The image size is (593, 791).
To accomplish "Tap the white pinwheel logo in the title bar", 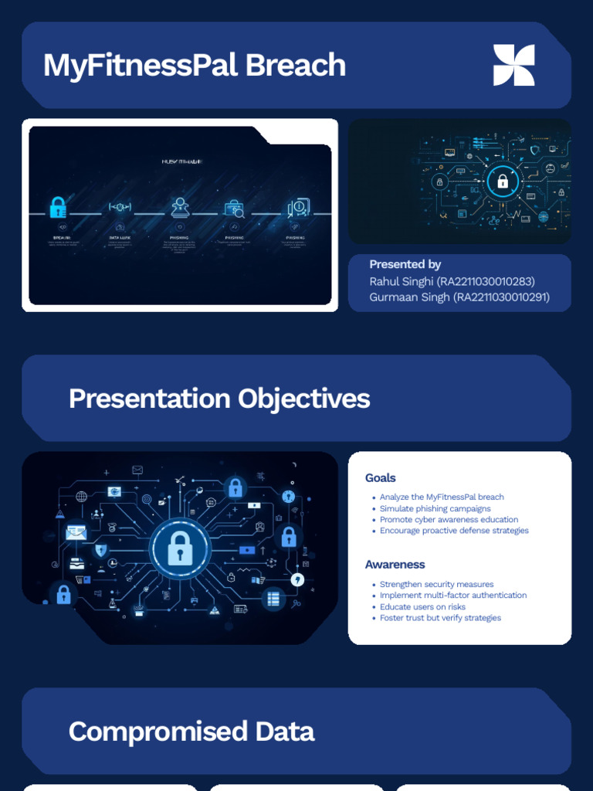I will coord(513,65).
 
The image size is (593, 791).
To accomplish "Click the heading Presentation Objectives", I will coord(219,399).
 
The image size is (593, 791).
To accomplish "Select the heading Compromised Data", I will coord(191,731).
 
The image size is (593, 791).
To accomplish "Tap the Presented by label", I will coord(405,264).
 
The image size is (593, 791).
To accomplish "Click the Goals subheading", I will coord(380,478).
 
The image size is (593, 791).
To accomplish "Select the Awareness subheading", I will coord(395,565).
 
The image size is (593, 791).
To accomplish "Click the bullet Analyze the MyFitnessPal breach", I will coord(442,497).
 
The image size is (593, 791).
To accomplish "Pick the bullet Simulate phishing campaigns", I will coord(435,509).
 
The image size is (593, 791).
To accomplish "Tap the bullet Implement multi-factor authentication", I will coord(453,596).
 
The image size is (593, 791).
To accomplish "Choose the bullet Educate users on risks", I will coord(422,607).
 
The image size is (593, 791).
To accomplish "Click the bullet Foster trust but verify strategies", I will coord(440,618).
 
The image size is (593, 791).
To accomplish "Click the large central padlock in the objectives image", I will coord(180,548).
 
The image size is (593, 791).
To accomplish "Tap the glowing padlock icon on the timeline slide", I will coord(58,207).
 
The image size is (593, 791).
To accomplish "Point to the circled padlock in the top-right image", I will coord(503,182).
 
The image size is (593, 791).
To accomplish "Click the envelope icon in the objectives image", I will coord(76,531).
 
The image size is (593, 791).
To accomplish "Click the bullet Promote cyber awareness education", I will coord(449,520).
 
